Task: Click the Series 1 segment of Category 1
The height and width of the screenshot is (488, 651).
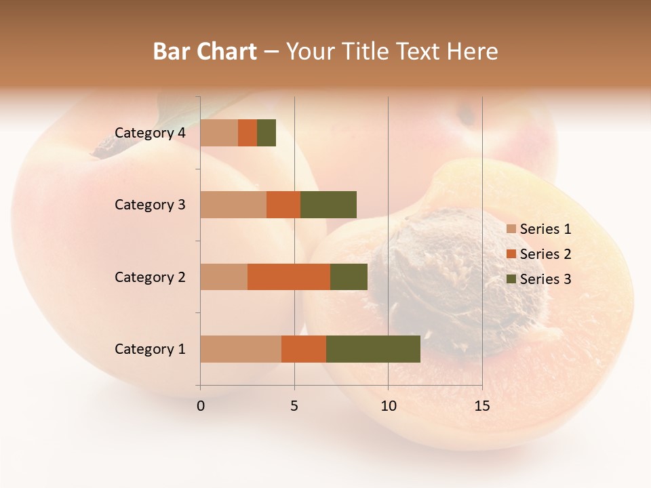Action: click(x=241, y=349)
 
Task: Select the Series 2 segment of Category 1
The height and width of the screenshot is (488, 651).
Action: click(x=304, y=349)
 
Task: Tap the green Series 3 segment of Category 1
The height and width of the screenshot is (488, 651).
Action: click(x=373, y=349)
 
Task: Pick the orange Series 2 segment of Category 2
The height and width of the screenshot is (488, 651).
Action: click(x=289, y=277)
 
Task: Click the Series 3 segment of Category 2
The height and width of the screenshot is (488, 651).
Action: click(x=349, y=277)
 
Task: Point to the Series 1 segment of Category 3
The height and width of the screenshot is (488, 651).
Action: click(x=233, y=205)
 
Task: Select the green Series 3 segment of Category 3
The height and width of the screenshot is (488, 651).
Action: click(x=328, y=205)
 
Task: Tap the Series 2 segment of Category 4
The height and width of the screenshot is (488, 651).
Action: click(x=248, y=133)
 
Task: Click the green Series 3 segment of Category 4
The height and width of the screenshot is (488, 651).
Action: click(x=267, y=133)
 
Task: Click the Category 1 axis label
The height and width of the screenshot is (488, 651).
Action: click(x=149, y=349)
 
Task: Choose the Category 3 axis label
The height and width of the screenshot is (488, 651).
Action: click(x=149, y=205)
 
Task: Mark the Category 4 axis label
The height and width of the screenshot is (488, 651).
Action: click(x=149, y=133)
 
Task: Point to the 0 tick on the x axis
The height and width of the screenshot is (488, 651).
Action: click(x=201, y=406)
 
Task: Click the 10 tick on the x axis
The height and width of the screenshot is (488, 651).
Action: click(x=388, y=406)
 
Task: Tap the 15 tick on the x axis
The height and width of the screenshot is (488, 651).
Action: click(x=481, y=406)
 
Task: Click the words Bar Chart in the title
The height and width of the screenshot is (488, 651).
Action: click(x=205, y=52)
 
